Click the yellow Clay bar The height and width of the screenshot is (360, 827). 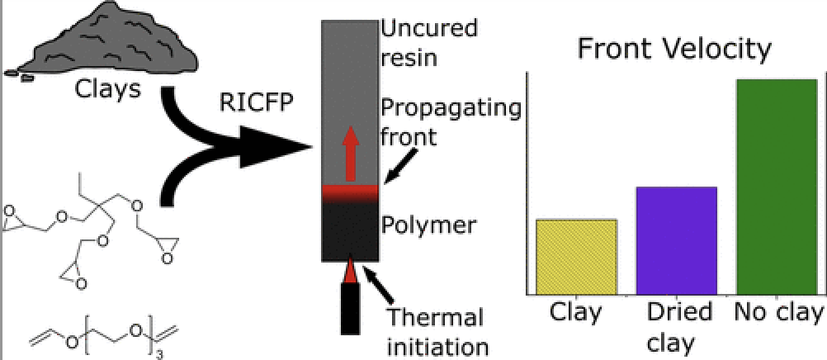575,256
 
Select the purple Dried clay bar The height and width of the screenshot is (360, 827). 676,240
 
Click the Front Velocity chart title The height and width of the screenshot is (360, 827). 673,50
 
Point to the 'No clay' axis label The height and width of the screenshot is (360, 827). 778,313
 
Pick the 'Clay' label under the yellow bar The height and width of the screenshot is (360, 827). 575,313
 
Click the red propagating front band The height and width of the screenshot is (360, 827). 350,192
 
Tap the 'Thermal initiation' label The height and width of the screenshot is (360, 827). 435,329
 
